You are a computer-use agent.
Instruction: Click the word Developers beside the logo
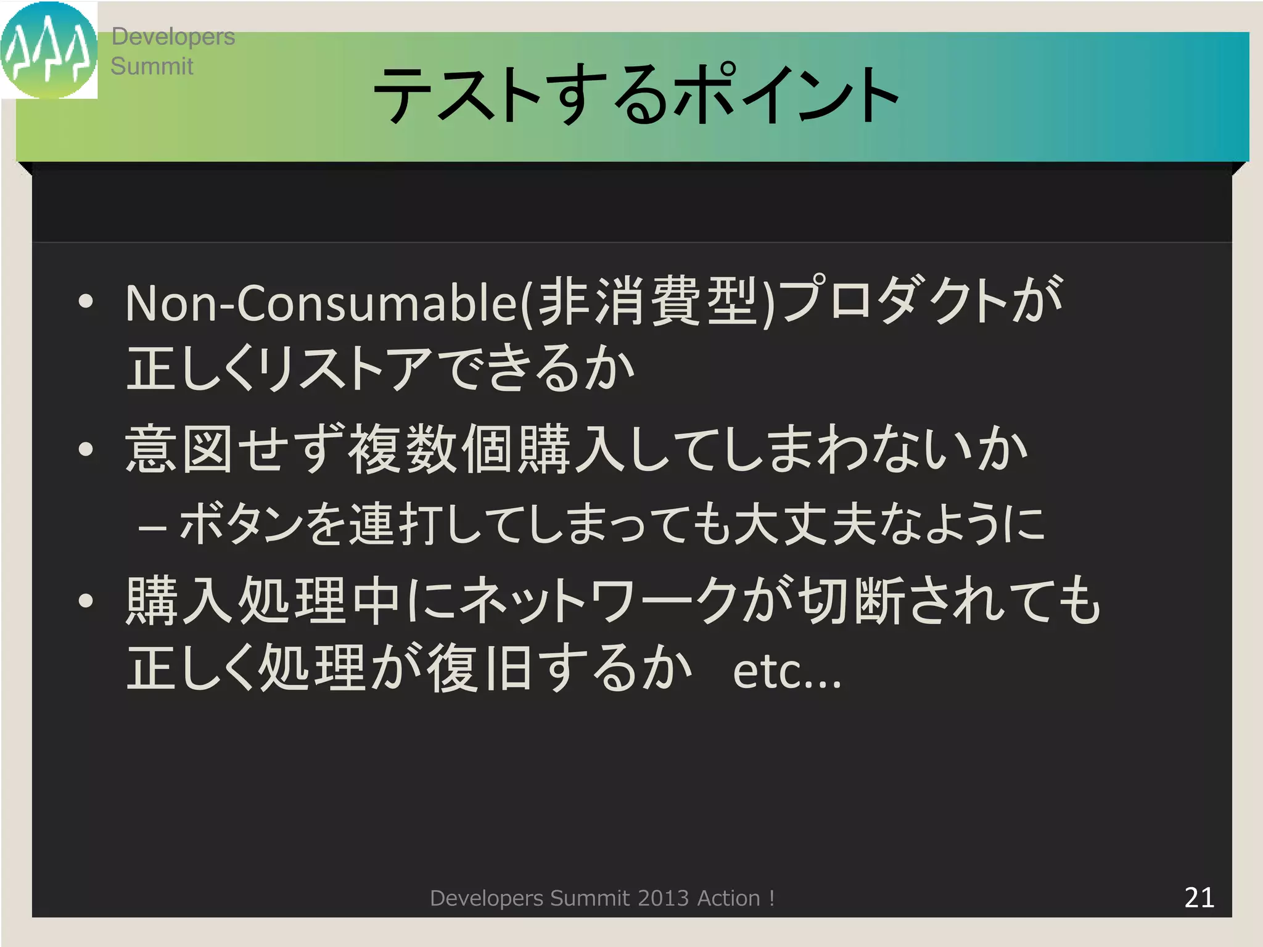pyautogui.click(x=173, y=37)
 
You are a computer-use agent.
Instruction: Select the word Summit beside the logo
pyautogui.click(x=152, y=66)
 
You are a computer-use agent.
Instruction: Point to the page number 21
pyautogui.click(x=1199, y=898)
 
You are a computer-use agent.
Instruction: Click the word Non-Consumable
pyautogui.click(x=321, y=303)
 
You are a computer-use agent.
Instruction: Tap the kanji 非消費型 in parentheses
pyautogui.click(x=648, y=302)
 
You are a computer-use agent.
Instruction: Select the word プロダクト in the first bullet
pyautogui.click(x=894, y=302)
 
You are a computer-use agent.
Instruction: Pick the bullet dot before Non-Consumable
pyautogui.click(x=86, y=302)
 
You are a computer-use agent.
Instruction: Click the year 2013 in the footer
pyautogui.click(x=663, y=898)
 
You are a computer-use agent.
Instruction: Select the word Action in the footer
pyautogui.click(x=728, y=898)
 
